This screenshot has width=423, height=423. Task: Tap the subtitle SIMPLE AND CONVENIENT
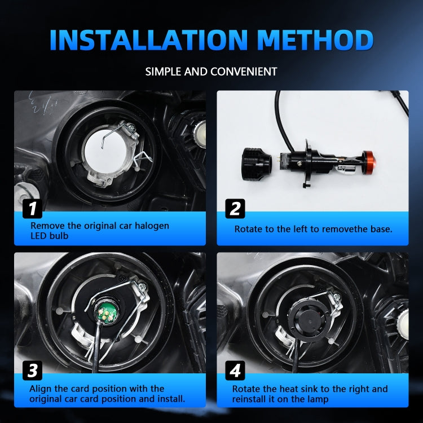(211, 72)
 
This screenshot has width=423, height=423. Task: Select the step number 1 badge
(32, 209)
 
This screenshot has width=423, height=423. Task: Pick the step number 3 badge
(32, 371)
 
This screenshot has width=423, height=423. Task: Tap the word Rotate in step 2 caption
(248, 230)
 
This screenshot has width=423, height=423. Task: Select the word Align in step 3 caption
(41, 389)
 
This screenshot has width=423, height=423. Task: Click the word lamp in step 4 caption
(319, 400)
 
